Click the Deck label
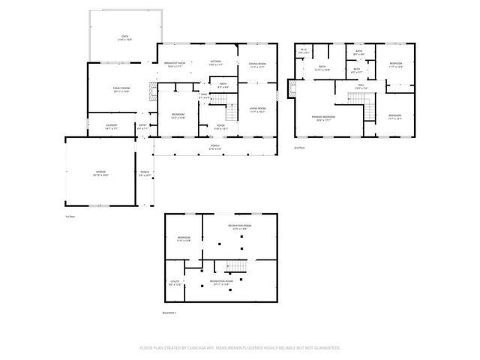pos(124,37)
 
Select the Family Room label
pos(121,89)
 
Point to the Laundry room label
pos(112,127)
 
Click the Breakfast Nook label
pos(174,63)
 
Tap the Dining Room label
pos(257,64)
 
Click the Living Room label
pos(257,109)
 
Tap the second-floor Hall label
pos(361,86)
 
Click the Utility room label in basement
pos(174,283)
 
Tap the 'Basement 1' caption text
pos(169,312)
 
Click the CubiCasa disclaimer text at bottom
pos(240,348)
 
